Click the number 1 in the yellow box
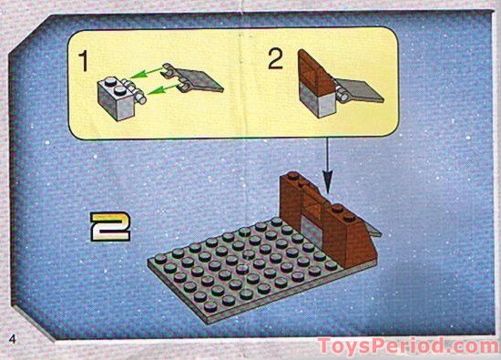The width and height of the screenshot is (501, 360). [x=83, y=65]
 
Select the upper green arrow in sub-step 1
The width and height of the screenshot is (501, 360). [x=147, y=74]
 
